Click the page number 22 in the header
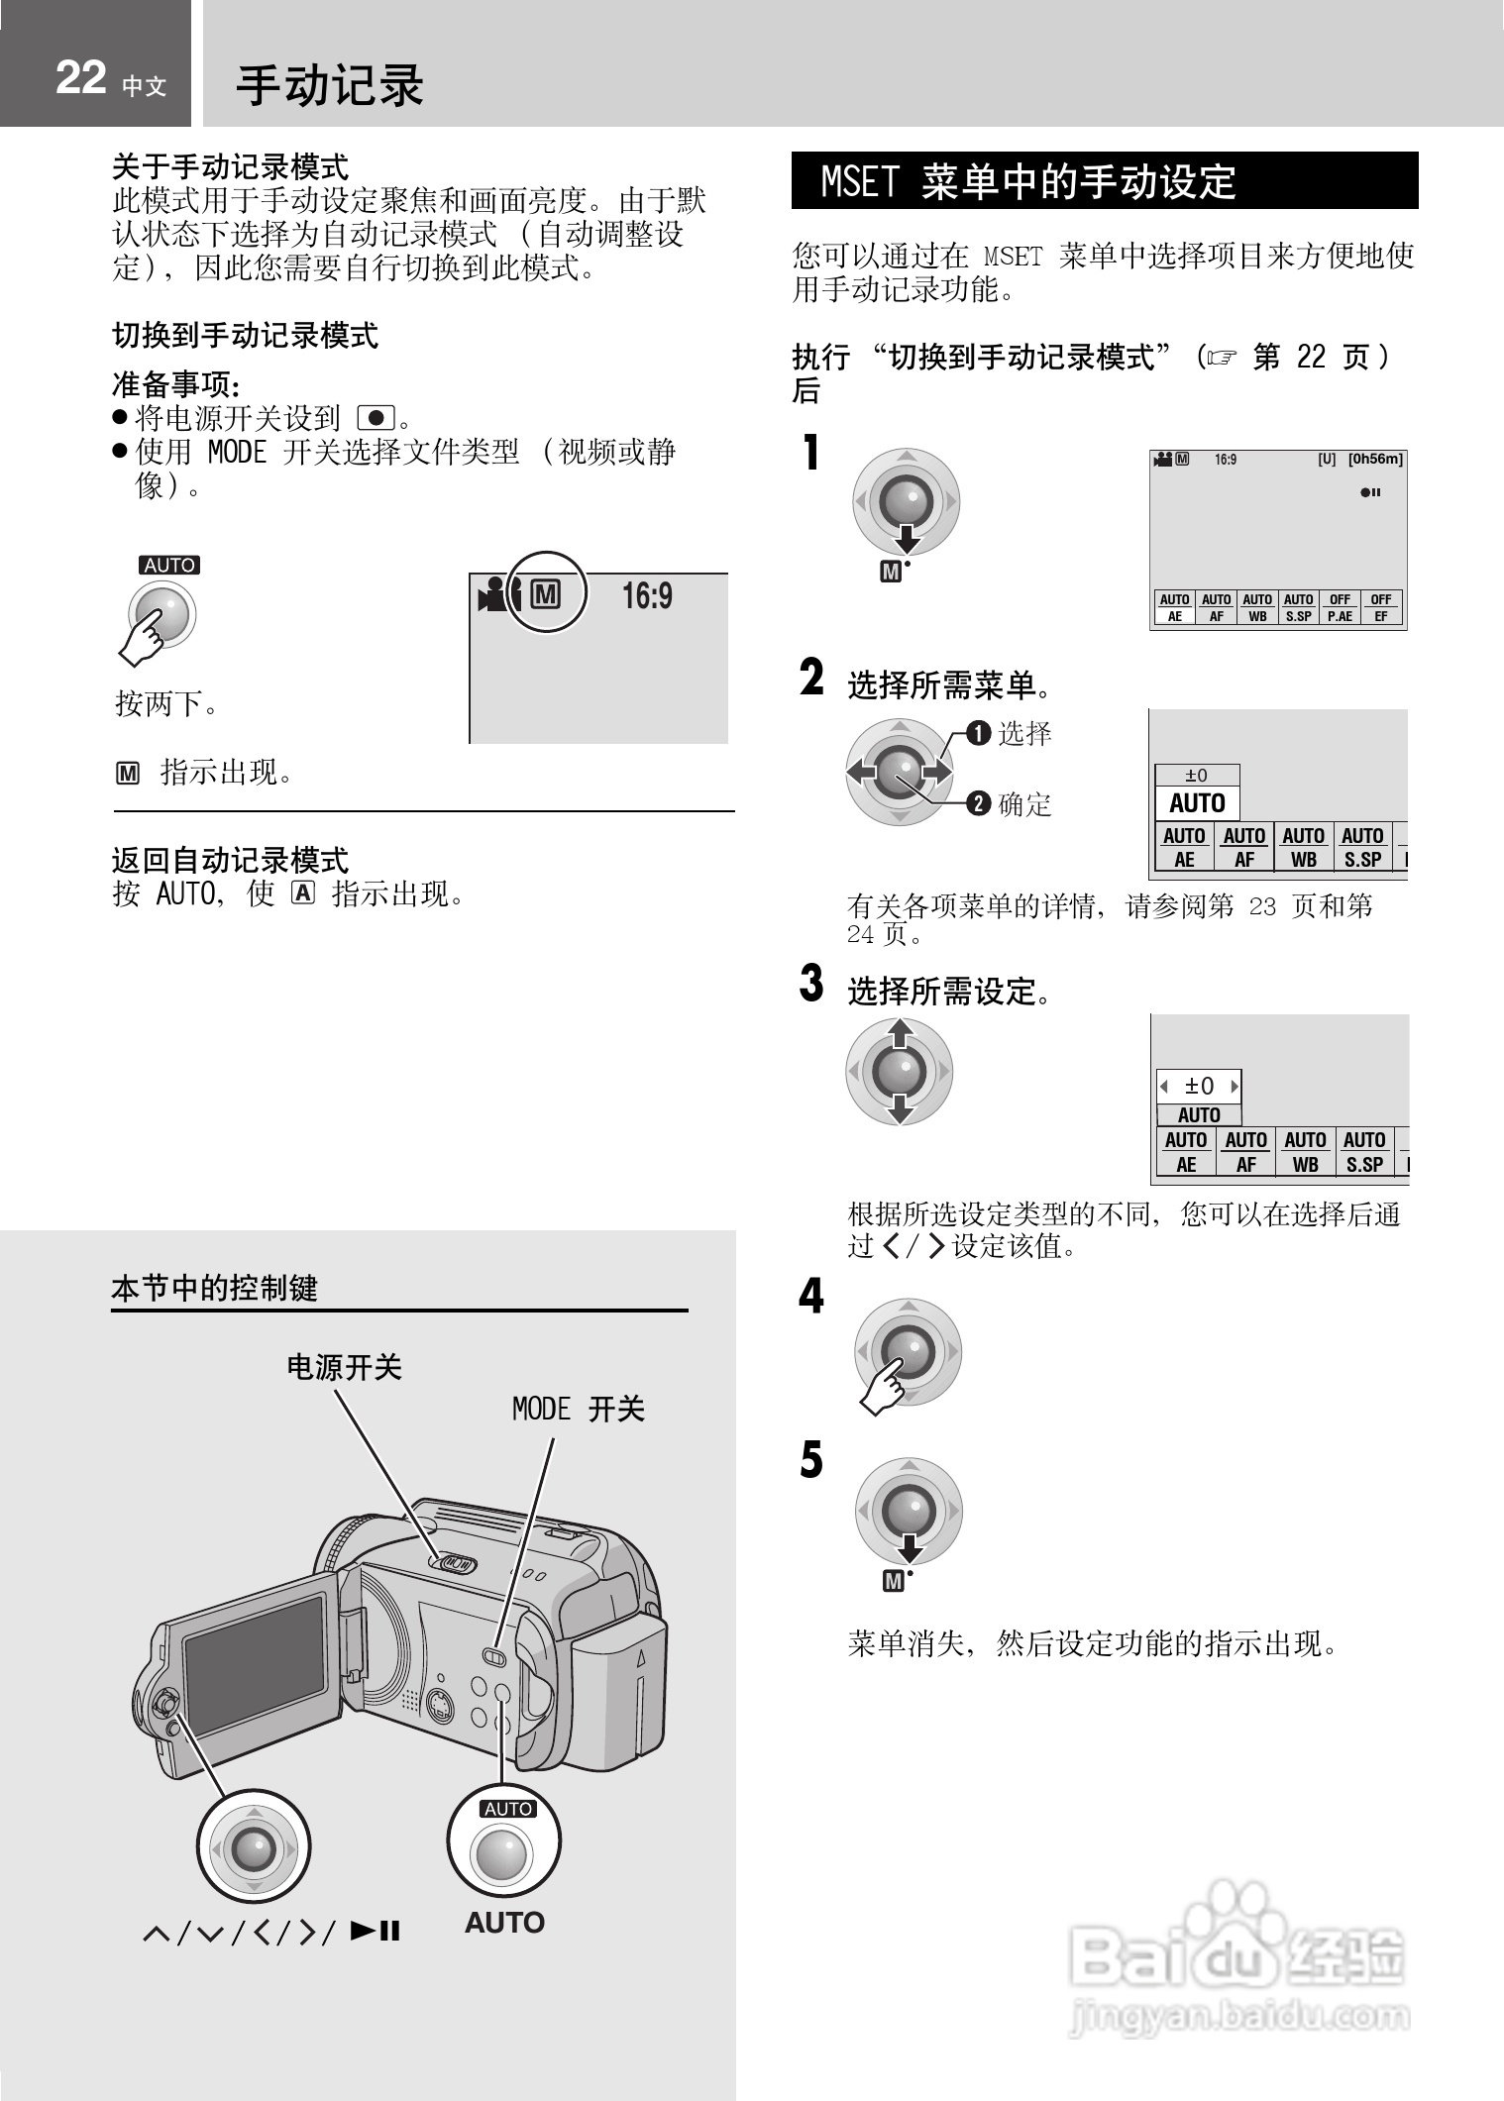(x=81, y=77)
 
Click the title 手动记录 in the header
(x=330, y=84)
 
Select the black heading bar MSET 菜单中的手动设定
(x=1104, y=181)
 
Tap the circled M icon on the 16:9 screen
(x=546, y=594)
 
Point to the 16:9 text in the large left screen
(x=647, y=596)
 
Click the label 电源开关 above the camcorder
(x=344, y=1368)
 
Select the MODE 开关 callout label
(x=578, y=1409)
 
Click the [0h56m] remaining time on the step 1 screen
(x=1375, y=460)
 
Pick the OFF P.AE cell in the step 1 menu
(x=1340, y=607)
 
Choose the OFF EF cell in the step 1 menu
(x=1381, y=607)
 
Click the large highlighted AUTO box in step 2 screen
(x=1197, y=803)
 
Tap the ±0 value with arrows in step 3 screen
(x=1199, y=1086)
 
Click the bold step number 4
(x=811, y=1297)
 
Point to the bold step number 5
(x=811, y=1460)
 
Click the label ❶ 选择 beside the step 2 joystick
(x=1010, y=734)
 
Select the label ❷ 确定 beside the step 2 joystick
(x=1010, y=804)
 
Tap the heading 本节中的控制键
(x=214, y=1289)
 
